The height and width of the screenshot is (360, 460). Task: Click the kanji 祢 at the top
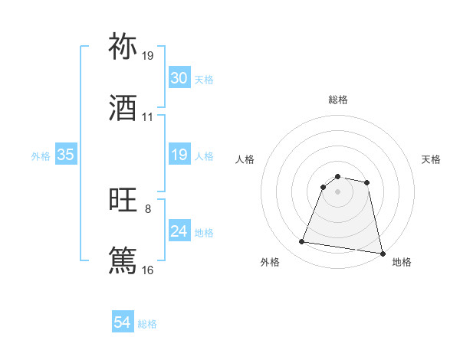(123, 47)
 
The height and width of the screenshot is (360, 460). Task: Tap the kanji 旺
(123, 201)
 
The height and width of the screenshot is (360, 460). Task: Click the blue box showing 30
(179, 78)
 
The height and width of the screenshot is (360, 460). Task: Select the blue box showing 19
(179, 155)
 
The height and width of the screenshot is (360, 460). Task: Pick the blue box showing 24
(179, 231)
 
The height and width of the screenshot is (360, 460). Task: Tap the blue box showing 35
(65, 155)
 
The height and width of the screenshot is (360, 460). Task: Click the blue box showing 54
(122, 323)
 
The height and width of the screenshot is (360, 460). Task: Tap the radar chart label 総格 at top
(338, 100)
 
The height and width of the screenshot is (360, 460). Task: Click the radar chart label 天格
(432, 159)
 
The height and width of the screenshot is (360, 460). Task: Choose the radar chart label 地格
(402, 262)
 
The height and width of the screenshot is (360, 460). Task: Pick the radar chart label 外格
(270, 262)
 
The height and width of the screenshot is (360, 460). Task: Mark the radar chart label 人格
(245, 159)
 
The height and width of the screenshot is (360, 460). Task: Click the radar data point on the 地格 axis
(381, 253)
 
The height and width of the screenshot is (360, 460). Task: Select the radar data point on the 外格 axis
(302, 242)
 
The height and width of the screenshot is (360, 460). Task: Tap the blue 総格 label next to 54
(147, 324)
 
